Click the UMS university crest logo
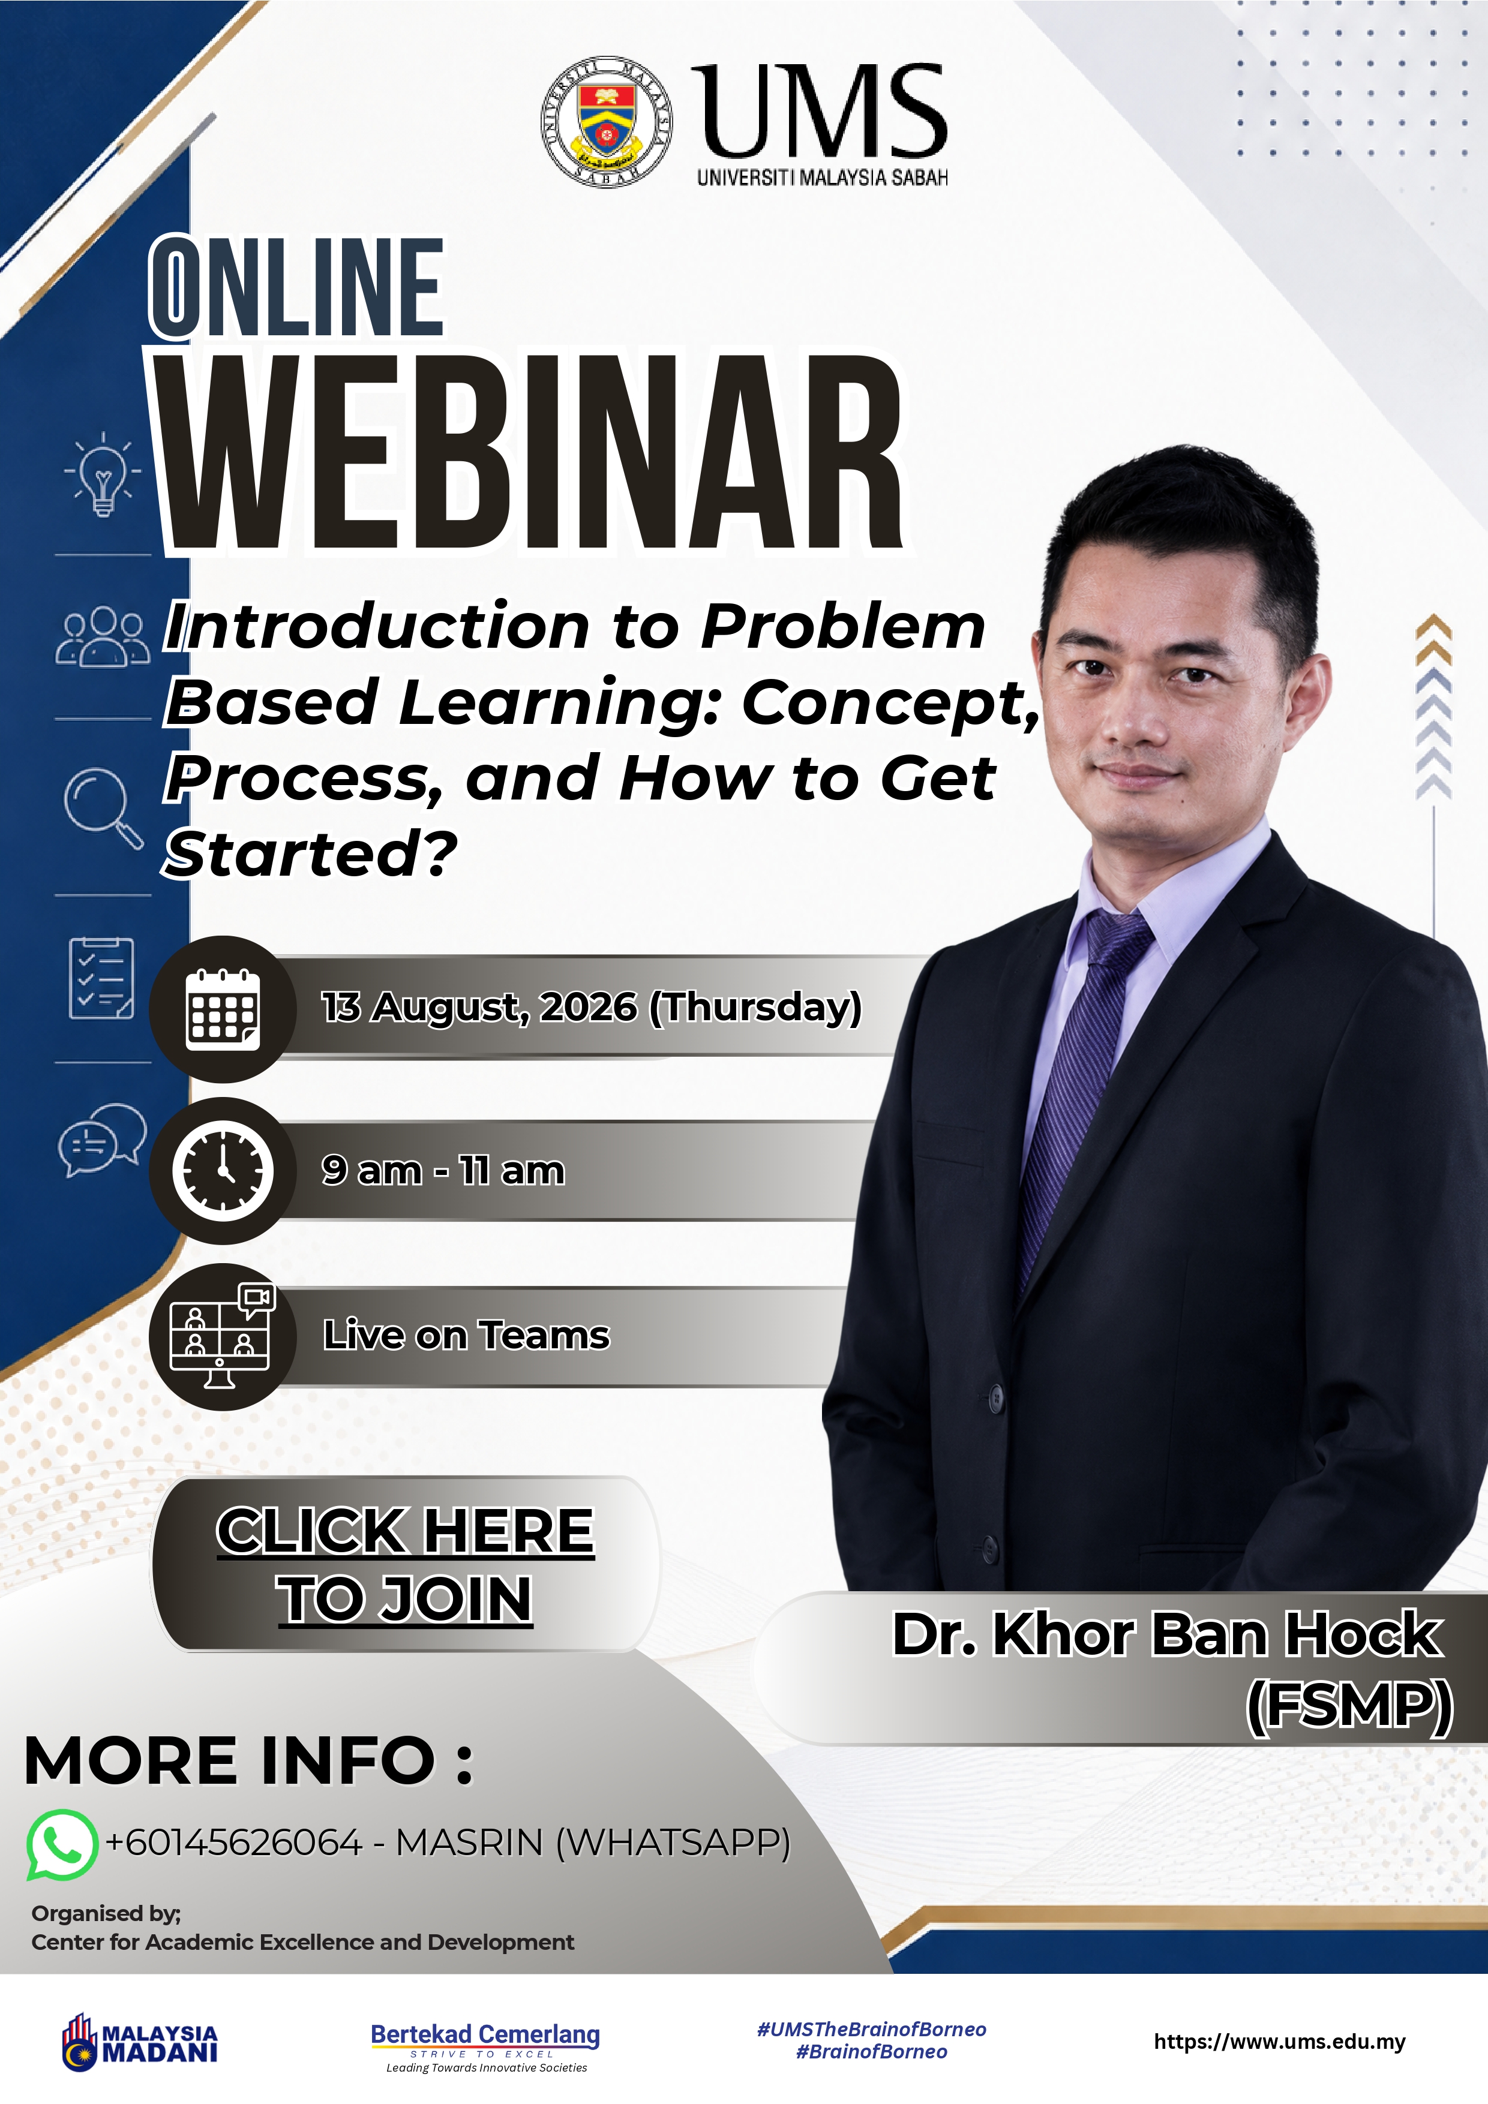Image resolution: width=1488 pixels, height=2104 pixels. pyautogui.click(x=606, y=121)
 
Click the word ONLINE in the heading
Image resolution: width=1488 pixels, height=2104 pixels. pyautogui.click(x=297, y=286)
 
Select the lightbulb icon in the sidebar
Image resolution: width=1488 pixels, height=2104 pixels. pyautogui.click(x=103, y=474)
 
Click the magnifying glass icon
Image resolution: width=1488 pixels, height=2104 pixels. pyautogui.click(x=103, y=807)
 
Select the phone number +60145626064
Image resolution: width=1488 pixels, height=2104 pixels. pyautogui.click(x=234, y=1843)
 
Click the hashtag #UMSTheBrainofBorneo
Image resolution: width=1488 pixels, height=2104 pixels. pyautogui.click(x=871, y=2029)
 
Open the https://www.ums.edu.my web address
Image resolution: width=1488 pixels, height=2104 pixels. pyautogui.click(x=1279, y=2042)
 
